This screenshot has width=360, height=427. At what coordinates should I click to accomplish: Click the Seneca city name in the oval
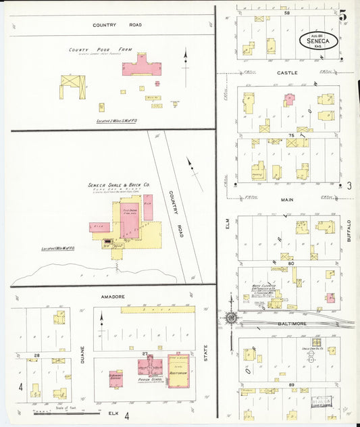[318, 41]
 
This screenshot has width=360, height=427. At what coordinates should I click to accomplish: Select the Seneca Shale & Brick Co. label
[119, 184]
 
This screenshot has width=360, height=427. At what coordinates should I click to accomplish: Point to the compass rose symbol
[231, 318]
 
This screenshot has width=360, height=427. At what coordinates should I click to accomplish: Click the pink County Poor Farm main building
[143, 66]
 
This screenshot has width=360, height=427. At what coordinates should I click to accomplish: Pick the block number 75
[290, 135]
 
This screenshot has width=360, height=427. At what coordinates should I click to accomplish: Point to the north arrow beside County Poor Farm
[186, 59]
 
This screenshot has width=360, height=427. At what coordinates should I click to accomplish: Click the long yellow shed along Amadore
[157, 309]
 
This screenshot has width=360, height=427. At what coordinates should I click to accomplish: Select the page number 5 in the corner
[344, 14]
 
